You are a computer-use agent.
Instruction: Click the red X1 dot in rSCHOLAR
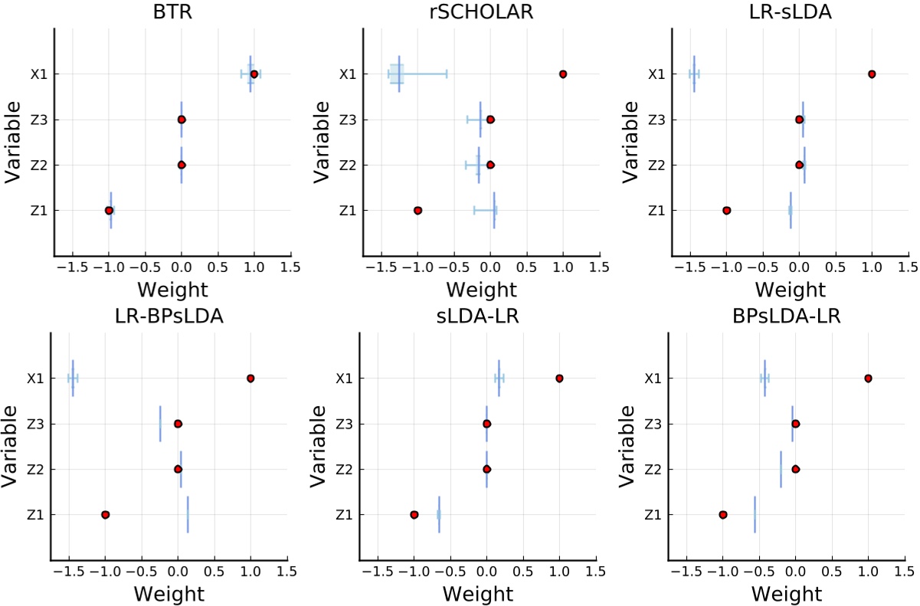click(x=563, y=74)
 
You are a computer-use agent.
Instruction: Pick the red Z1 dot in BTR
click(x=109, y=210)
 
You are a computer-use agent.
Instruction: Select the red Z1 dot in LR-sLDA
click(x=726, y=210)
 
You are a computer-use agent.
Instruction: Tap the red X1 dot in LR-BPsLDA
click(x=250, y=378)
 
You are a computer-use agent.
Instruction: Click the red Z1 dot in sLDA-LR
click(x=414, y=514)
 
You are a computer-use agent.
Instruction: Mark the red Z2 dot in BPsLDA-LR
click(x=795, y=469)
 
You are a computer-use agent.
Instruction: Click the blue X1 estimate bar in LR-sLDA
click(x=694, y=74)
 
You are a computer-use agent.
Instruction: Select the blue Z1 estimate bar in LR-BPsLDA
click(x=188, y=514)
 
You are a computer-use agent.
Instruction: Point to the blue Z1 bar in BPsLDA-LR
click(x=755, y=514)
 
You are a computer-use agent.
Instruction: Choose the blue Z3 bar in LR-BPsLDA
click(x=160, y=424)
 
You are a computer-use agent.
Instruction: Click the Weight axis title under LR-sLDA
click(x=790, y=290)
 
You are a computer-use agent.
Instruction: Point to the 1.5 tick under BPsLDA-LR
click(x=905, y=571)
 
